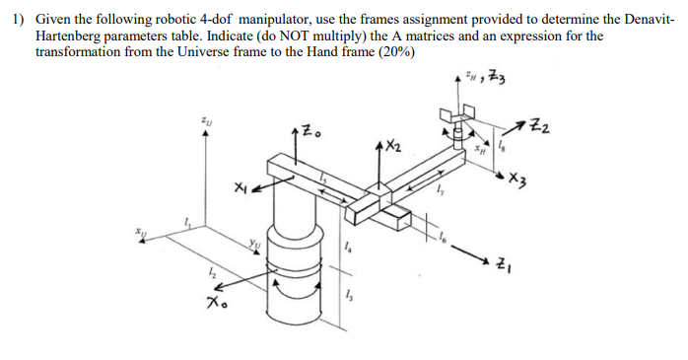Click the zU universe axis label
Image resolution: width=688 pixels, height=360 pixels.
pyautogui.click(x=204, y=123)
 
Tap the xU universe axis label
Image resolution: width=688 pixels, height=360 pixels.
pyautogui.click(x=144, y=231)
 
